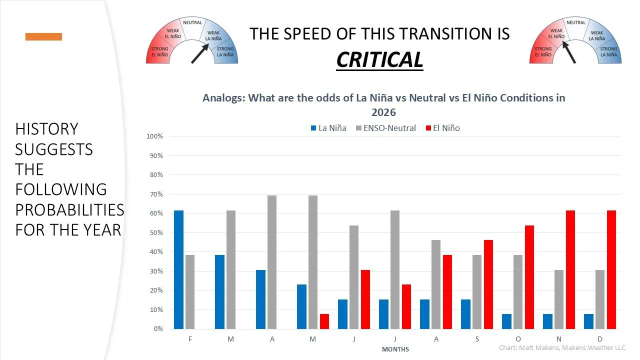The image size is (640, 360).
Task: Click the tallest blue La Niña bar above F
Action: click(178, 270)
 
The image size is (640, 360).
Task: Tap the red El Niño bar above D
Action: click(611, 270)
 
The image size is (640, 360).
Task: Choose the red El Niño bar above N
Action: click(570, 270)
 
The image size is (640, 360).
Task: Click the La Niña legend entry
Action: click(328, 128)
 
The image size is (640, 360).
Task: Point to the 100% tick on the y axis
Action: click(154, 136)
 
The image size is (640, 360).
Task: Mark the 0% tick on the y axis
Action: click(158, 329)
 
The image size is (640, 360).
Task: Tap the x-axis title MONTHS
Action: click(395, 349)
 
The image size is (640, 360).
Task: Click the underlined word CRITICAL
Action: click(379, 59)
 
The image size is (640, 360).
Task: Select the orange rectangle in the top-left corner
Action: click(43, 36)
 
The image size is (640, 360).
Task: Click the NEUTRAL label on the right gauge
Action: click(575, 22)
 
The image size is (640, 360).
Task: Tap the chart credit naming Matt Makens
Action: click(562, 347)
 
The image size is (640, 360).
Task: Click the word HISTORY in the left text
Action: click(46, 129)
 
